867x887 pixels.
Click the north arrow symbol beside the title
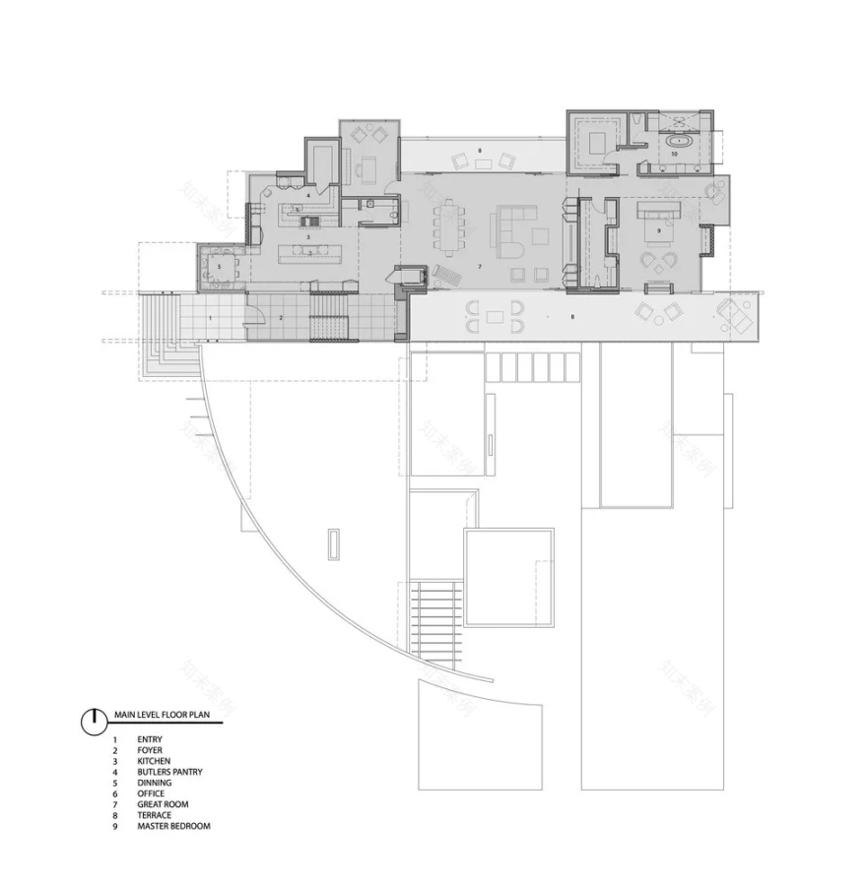coord(93,721)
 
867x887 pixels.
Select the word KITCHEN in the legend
coord(154,761)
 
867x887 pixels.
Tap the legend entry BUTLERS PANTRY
coord(169,772)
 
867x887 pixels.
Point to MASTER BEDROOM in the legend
coord(173,826)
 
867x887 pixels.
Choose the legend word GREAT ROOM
coord(163,804)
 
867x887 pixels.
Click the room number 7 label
coord(480,267)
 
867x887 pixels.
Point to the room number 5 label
coord(219,266)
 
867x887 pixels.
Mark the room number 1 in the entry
coord(210,318)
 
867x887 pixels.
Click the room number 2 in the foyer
coord(280,318)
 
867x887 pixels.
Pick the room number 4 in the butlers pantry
coord(307,195)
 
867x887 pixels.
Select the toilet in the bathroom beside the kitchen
coord(391,208)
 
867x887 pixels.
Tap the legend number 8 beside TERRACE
coord(114,815)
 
